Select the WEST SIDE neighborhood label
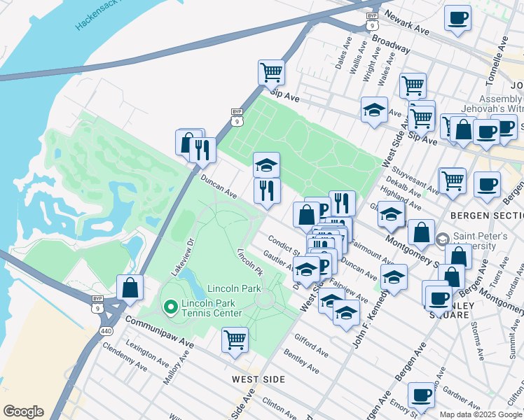click(259, 379)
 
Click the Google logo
click(23, 412)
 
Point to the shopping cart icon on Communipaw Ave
click(235, 340)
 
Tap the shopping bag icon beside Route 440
click(130, 287)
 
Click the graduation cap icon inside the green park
click(266, 165)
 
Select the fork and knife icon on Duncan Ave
click(267, 191)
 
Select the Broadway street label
click(390, 43)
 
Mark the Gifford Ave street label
click(311, 344)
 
